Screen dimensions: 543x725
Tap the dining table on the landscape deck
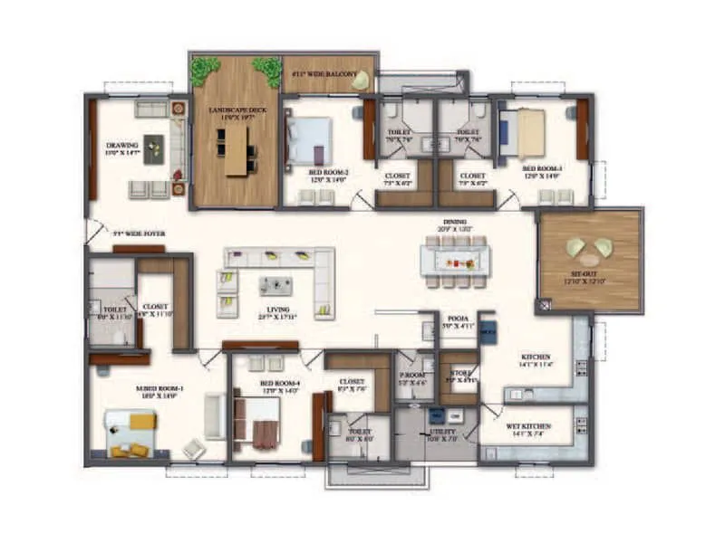point(237,150)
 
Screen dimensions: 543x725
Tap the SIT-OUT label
point(589,276)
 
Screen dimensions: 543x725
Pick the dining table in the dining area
point(454,260)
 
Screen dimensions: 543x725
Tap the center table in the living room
point(275,286)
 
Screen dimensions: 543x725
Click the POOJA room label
point(454,319)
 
